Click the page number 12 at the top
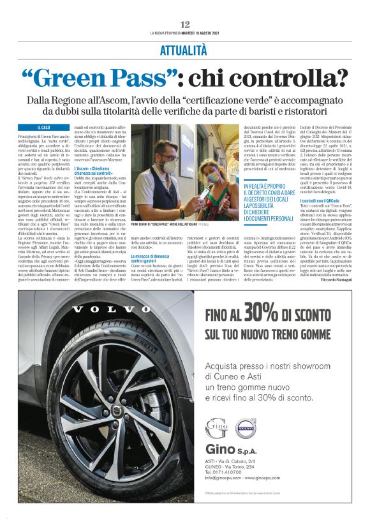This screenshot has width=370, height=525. tap(185, 24)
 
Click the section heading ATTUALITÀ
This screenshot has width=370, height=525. tap(185, 49)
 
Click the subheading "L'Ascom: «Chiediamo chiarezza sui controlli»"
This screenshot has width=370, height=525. tap(95, 171)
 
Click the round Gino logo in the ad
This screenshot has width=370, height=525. tap(216, 428)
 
